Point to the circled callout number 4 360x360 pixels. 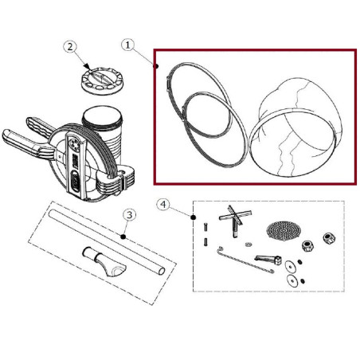(164, 205)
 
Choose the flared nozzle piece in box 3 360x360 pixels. (101, 260)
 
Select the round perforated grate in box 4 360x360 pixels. (284, 230)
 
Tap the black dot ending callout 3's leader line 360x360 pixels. (124, 237)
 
